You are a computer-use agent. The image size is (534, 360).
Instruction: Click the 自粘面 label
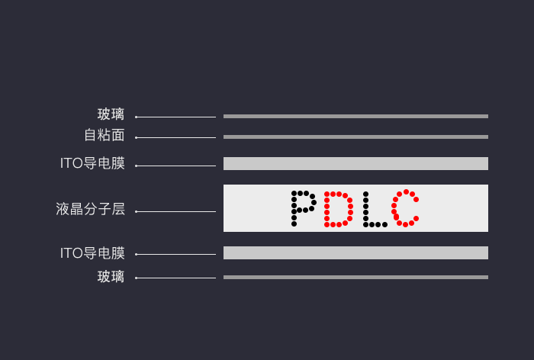(104, 136)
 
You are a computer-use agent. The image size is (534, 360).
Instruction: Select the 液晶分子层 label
(90, 209)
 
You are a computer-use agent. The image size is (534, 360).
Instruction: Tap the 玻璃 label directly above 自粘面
(111, 114)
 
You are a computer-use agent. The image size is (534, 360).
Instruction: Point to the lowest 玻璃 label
(111, 277)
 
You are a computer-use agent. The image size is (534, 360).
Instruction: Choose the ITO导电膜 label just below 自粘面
(92, 163)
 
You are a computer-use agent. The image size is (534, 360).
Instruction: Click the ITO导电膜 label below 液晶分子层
(92, 253)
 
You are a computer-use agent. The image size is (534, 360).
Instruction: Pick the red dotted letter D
(338, 209)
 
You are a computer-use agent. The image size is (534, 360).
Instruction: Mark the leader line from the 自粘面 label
(175, 138)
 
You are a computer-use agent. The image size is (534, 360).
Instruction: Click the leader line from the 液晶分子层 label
(175, 211)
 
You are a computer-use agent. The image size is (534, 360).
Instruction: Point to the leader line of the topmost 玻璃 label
(175, 117)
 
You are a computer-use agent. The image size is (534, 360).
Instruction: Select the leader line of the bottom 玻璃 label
(175, 278)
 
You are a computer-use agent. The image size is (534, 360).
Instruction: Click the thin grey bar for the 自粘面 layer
(355, 137)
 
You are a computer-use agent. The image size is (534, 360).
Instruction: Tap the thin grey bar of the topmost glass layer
(355, 116)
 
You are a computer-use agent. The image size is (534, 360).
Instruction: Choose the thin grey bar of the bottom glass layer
(355, 277)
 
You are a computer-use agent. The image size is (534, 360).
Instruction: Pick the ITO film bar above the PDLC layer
(355, 163)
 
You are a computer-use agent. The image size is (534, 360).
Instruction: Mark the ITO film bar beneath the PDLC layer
(355, 252)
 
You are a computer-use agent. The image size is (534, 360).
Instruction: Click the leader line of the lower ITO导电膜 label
(175, 254)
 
